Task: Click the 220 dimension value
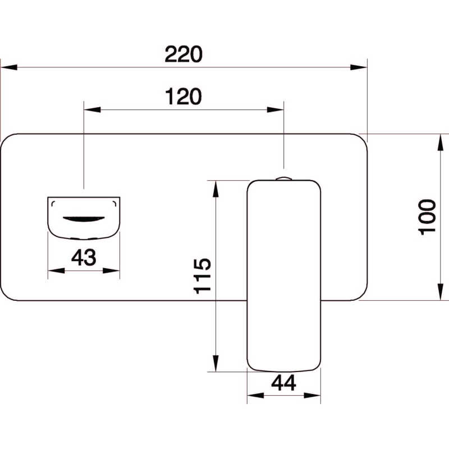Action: tap(184, 54)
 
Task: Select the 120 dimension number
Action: tap(184, 97)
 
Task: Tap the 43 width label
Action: tap(84, 257)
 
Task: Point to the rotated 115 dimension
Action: tap(203, 276)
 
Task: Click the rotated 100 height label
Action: tap(427, 217)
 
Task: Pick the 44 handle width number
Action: tap(283, 383)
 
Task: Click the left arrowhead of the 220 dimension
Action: tap(9, 67)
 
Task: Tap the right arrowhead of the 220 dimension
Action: tap(359, 67)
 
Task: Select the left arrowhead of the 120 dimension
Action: tap(93, 109)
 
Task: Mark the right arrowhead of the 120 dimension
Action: tap(275, 109)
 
